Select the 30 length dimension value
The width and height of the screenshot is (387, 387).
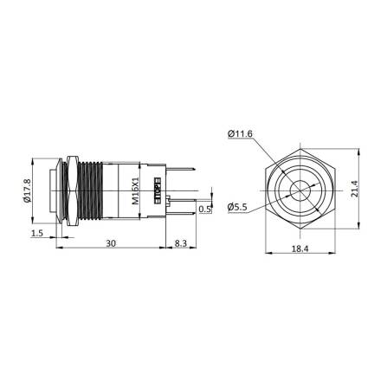click(111, 245)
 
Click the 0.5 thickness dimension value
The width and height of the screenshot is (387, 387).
click(204, 209)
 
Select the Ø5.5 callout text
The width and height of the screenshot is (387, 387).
click(240, 208)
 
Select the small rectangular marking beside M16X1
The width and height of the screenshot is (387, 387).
click(157, 188)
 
